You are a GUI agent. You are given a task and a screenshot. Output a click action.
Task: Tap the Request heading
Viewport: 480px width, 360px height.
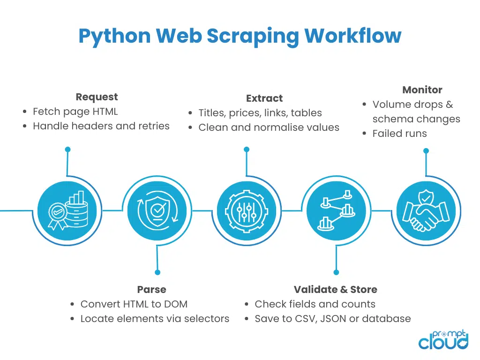click(97, 97)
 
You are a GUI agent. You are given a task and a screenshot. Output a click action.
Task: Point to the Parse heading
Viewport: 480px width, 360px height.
click(151, 289)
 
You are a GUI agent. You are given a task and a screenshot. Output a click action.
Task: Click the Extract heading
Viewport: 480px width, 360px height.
click(264, 98)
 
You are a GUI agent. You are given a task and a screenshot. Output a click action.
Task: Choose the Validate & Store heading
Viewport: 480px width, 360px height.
click(335, 289)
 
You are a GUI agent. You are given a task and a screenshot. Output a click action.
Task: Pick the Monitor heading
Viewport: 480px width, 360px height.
click(422, 90)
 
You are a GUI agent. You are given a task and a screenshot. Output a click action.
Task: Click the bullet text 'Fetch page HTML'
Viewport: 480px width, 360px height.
click(75, 112)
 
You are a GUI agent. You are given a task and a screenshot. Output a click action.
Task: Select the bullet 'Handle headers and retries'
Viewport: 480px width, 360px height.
click(101, 126)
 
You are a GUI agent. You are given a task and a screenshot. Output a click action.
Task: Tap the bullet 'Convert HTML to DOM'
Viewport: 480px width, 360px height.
click(134, 304)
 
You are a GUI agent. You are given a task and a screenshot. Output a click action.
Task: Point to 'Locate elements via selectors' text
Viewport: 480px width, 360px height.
click(155, 319)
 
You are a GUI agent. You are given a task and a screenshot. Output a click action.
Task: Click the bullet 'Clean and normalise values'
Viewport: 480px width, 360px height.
click(269, 127)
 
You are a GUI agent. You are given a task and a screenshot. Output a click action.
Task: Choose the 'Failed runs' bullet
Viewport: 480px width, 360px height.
click(399, 134)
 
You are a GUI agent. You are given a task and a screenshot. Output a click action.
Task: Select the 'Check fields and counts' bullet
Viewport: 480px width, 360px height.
click(315, 304)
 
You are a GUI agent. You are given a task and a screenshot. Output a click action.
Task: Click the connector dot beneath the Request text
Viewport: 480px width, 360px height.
click(67, 150)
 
